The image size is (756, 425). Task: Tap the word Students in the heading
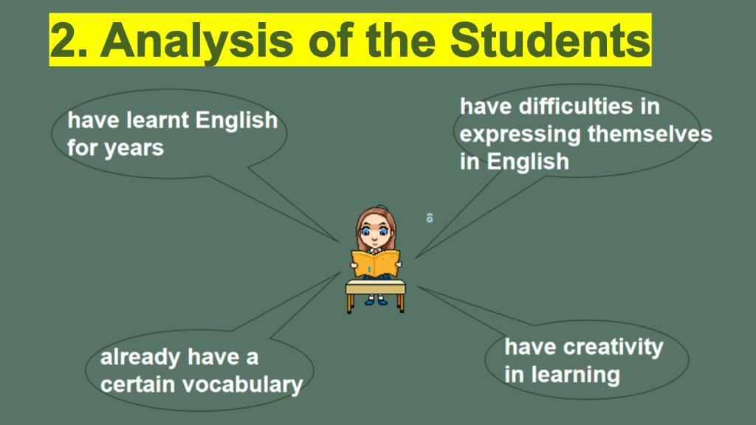coord(549,40)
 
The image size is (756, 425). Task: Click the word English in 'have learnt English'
coord(236,121)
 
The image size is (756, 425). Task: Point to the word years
coord(134,148)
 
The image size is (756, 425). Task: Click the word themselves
coord(650,134)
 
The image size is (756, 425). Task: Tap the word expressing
coord(520,135)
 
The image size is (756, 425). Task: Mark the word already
coord(140,358)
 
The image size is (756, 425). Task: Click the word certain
coord(137,384)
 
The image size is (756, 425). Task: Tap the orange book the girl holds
coord(375,263)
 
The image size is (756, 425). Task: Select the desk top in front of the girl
coord(376,288)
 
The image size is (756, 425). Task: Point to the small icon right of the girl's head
coord(430,218)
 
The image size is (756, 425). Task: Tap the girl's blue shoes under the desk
coord(376,301)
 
